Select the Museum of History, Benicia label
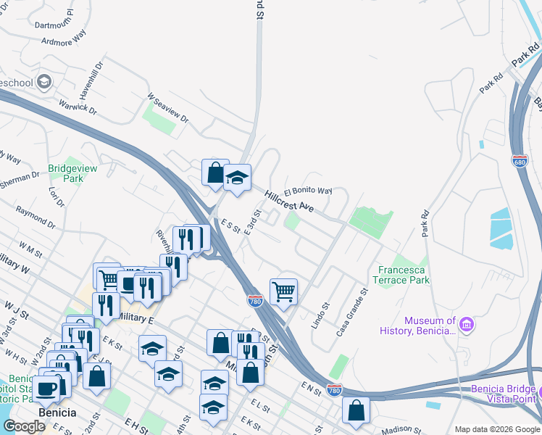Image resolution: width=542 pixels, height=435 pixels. tap(430, 326)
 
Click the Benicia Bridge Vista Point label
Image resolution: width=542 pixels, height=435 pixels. tap(503, 393)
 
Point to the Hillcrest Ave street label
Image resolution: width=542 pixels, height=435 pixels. tap(289, 201)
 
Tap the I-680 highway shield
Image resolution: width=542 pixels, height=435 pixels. tap(520, 159)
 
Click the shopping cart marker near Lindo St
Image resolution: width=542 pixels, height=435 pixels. tap(284, 292)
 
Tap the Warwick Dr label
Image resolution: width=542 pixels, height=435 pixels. tap(78, 103)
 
